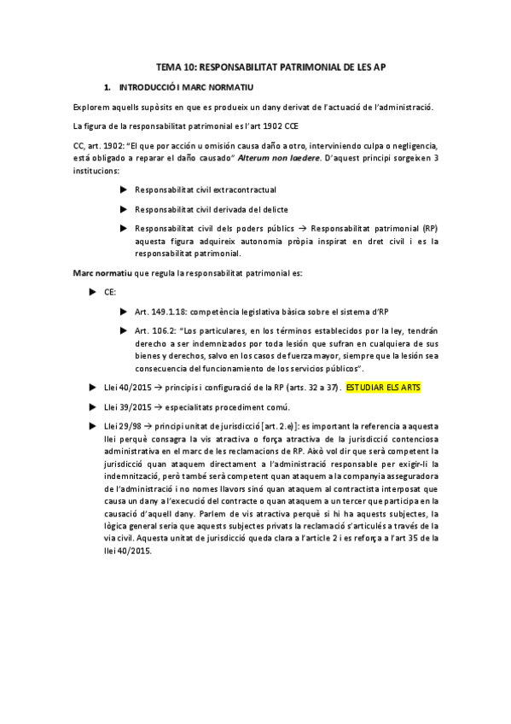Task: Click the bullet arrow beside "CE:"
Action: click(93, 292)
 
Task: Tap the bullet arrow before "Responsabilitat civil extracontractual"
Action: click(124, 189)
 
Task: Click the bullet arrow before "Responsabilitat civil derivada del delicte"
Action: click(124, 208)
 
